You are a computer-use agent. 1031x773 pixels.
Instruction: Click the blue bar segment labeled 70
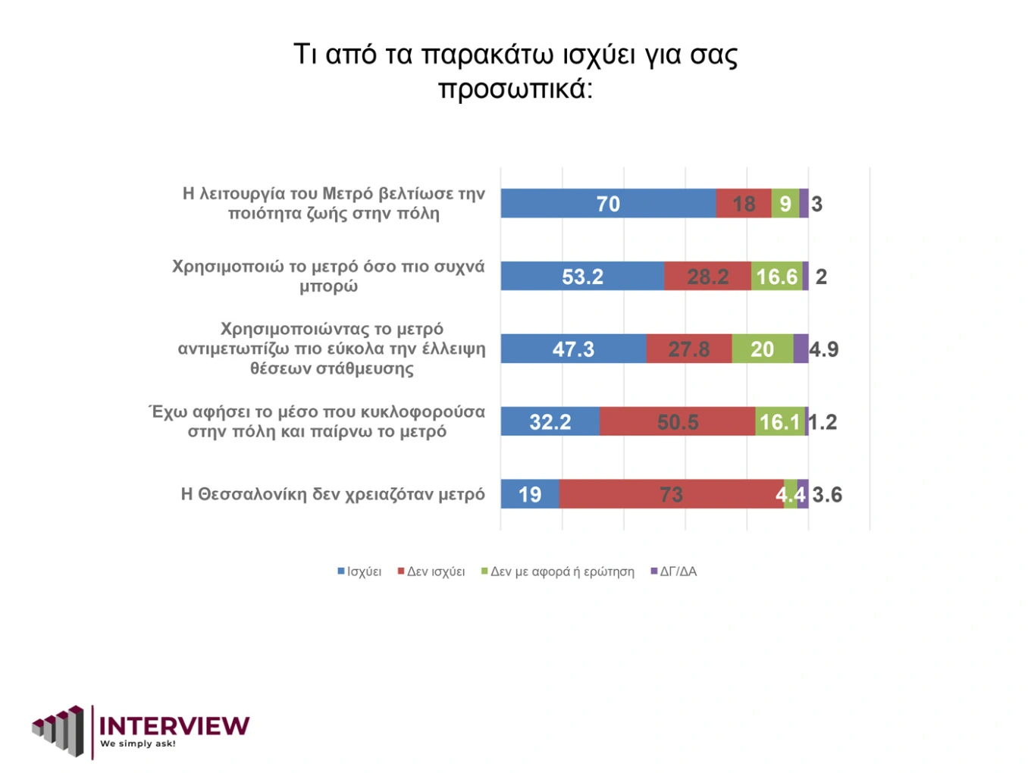[x=608, y=204]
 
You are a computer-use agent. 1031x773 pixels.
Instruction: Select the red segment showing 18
[x=744, y=204]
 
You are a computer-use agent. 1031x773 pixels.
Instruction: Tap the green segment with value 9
[x=785, y=204]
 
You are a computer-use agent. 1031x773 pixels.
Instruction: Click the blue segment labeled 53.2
[x=582, y=277]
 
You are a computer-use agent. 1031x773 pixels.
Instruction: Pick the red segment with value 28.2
[x=707, y=277]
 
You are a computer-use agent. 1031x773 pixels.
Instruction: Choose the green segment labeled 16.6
[x=777, y=277]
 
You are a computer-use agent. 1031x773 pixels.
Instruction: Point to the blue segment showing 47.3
[x=573, y=349]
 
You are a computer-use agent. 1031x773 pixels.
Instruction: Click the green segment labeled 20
[x=762, y=349]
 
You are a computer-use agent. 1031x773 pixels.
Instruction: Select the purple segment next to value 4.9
[x=801, y=349]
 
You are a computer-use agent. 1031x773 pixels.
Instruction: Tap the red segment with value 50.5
[x=678, y=422]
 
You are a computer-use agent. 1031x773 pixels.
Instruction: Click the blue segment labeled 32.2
[x=550, y=422]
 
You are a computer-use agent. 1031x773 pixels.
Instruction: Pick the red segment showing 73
[x=671, y=495]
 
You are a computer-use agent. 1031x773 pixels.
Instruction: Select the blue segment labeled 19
[x=530, y=495]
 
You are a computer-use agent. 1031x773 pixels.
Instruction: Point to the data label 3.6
[x=827, y=495]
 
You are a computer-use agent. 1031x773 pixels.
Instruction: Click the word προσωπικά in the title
[x=515, y=89]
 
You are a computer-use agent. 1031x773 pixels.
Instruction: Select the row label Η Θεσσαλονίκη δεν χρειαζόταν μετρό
[x=333, y=495]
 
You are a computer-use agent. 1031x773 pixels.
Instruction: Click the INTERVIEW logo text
[x=174, y=726]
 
